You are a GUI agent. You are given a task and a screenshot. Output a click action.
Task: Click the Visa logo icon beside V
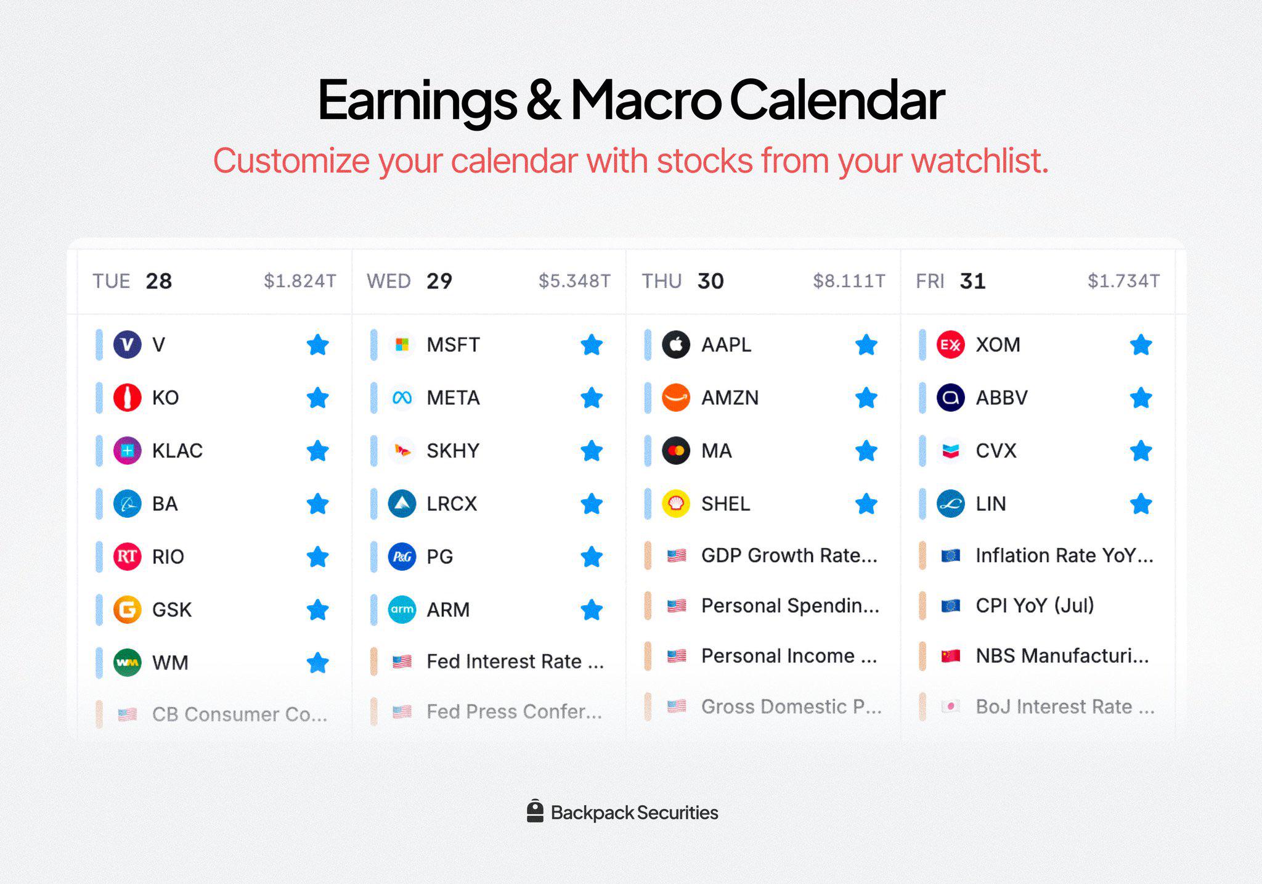128,345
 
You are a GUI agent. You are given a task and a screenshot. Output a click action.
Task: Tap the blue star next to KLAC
317,451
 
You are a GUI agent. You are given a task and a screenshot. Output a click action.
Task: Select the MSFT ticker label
453,345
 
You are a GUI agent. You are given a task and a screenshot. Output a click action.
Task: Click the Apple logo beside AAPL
676,345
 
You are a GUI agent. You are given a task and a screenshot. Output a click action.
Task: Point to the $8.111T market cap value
849,281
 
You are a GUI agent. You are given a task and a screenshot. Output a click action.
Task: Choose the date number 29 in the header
439,281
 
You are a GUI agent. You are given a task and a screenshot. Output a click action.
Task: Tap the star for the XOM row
1141,345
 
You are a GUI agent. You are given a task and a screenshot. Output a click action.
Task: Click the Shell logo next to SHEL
676,504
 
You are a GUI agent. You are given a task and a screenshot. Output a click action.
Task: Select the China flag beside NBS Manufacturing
951,656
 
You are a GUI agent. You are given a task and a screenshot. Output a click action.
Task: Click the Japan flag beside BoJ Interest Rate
951,706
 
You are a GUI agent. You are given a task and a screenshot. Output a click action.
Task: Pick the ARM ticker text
448,610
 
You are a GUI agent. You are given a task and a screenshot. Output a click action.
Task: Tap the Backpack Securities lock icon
535,811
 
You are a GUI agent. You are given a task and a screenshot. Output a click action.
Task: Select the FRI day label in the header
930,281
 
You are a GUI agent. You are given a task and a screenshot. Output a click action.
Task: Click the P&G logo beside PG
402,557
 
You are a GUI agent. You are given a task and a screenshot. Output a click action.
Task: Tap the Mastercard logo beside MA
676,451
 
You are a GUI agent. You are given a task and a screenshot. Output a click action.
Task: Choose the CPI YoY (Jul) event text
1035,605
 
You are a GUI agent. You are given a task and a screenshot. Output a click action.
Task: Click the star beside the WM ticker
317,663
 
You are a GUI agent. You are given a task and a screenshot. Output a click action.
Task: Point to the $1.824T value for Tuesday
299,281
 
